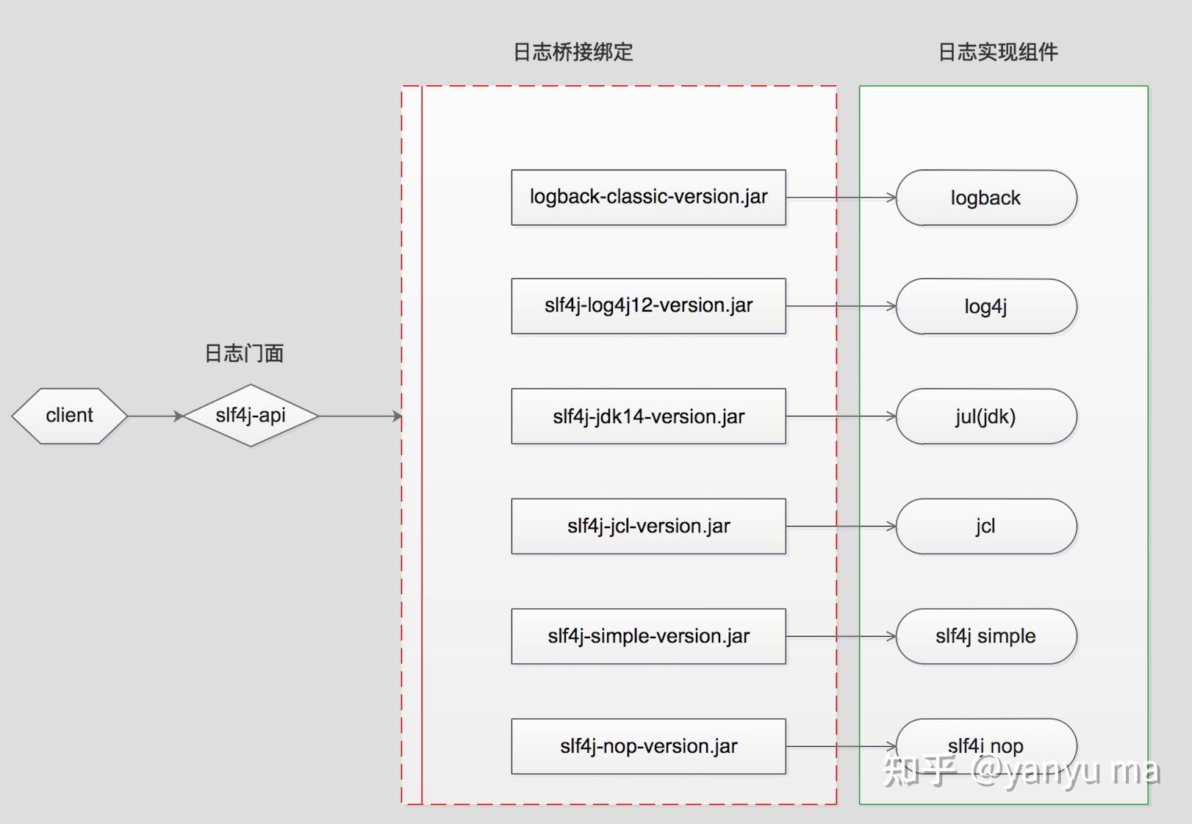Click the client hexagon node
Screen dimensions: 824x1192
point(69,416)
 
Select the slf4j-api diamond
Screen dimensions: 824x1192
point(251,416)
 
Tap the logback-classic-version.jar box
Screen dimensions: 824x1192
point(648,198)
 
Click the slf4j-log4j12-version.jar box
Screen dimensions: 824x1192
point(648,306)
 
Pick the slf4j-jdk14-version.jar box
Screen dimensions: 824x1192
point(648,416)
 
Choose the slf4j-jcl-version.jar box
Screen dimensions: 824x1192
point(648,527)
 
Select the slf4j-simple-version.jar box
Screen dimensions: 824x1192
point(648,636)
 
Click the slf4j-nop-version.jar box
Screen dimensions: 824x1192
point(648,746)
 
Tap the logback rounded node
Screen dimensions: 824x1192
point(986,198)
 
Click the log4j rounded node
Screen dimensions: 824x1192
point(986,306)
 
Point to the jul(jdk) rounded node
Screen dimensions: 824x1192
point(986,416)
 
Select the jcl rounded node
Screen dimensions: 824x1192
point(986,527)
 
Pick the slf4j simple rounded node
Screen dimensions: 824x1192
point(986,636)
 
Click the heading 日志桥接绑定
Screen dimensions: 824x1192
point(573,52)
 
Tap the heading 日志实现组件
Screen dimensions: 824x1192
point(998,52)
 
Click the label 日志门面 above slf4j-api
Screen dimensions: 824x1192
point(244,353)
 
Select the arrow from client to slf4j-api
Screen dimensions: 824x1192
point(154,416)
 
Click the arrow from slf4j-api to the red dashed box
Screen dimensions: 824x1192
point(360,416)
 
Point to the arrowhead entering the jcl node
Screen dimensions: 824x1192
point(891,527)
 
